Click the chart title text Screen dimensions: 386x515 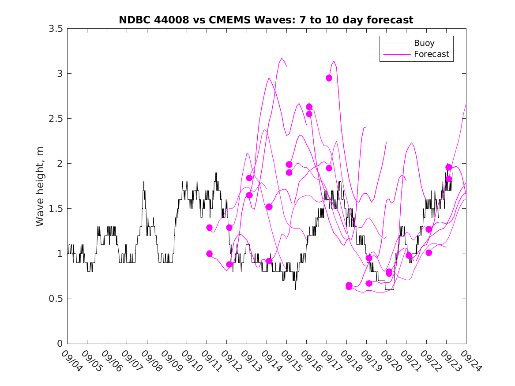point(266,20)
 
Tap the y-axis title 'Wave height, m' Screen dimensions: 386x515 point(40,186)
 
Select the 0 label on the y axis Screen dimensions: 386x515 point(60,344)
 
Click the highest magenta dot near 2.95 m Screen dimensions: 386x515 point(329,78)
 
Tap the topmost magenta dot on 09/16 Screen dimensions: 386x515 point(309,107)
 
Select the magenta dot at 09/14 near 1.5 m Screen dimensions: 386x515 point(269,207)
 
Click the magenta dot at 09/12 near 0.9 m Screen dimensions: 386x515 point(229,264)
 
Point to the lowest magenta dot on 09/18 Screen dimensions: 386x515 point(349,287)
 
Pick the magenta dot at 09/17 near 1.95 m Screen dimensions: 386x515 point(329,168)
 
